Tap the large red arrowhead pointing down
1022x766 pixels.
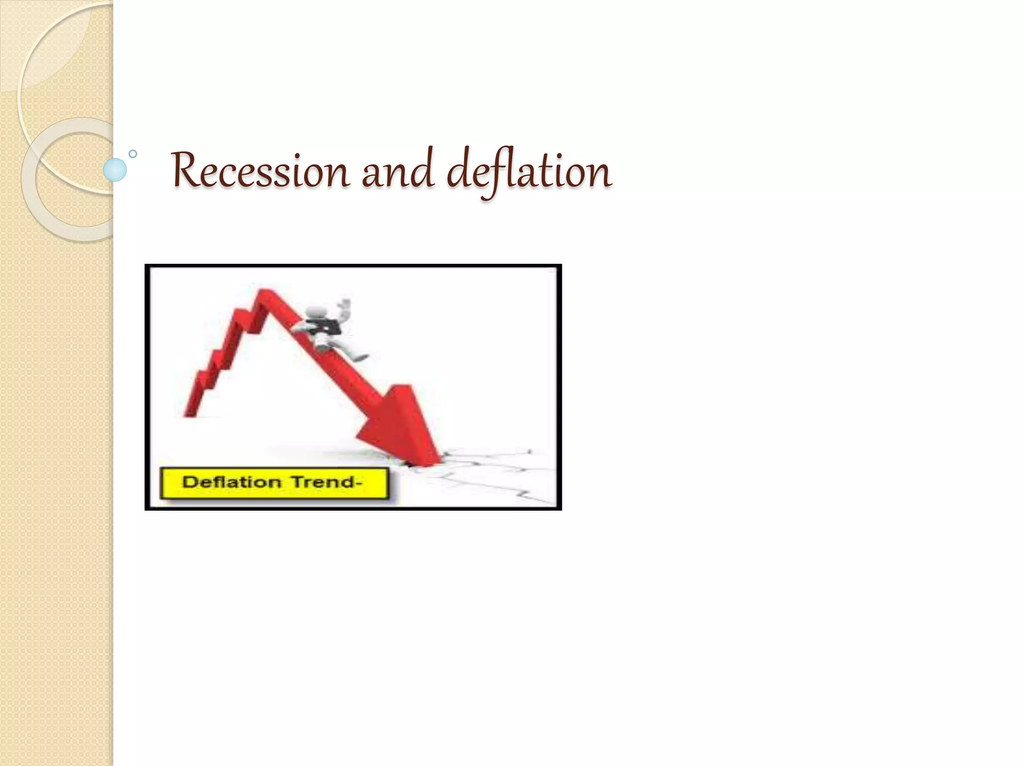(399, 424)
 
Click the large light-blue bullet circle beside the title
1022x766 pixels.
(115, 170)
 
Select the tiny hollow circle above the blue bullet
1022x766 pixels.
(133, 154)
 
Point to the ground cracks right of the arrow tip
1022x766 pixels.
(494, 469)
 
